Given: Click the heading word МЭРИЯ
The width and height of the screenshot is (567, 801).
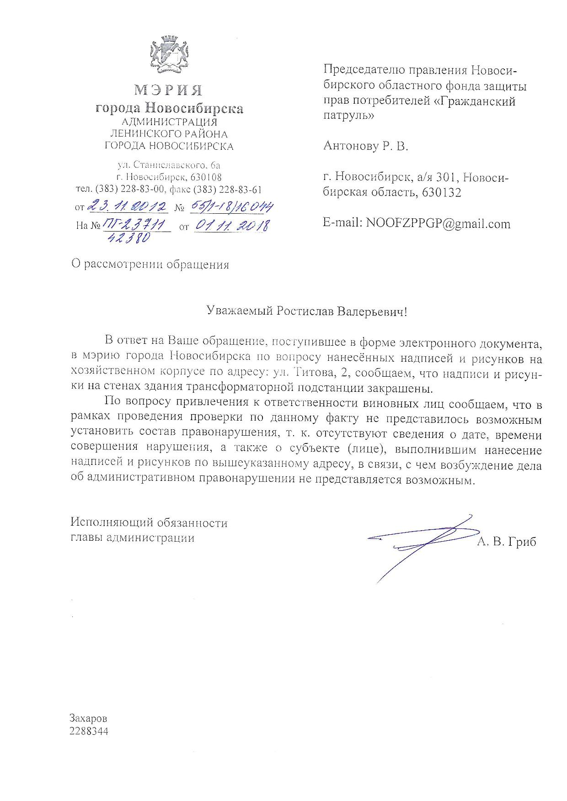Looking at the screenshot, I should tap(169, 90).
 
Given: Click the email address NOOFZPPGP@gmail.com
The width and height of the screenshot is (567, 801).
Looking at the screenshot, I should tap(438, 224).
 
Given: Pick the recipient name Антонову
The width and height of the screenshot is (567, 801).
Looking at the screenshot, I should tap(349, 146).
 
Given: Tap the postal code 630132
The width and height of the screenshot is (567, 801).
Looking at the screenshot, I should tap(442, 193).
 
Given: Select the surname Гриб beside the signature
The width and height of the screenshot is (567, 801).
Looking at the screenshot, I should tap(521, 542).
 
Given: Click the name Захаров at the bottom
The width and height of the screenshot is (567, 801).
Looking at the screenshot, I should tap(88, 718).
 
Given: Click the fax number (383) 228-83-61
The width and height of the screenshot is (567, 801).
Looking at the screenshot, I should tap(228, 190).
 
